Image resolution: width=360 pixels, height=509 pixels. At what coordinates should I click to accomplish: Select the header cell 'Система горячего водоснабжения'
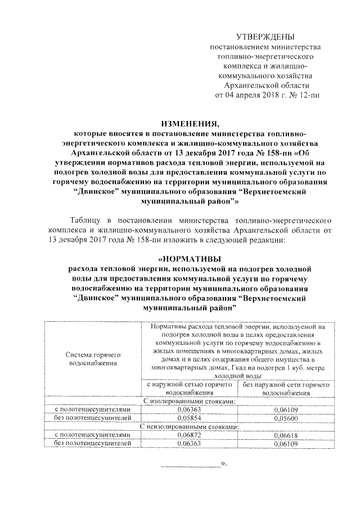[91, 360]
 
